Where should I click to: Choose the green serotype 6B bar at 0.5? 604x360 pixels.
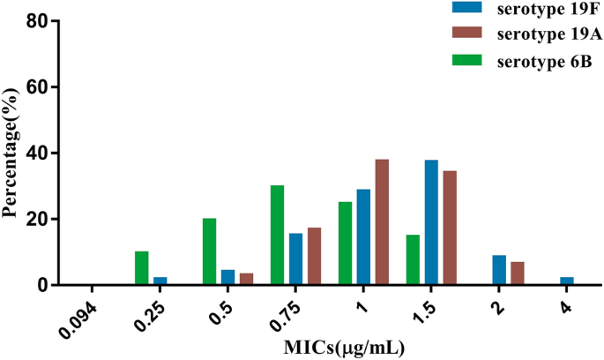click(x=209, y=251)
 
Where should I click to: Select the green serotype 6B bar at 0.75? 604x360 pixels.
click(x=277, y=235)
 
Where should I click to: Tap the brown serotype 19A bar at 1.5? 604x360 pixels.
click(x=450, y=228)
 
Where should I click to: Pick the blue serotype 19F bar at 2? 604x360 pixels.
click(x=499, y=270)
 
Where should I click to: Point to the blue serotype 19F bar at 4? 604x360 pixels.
click(x=566, y=281)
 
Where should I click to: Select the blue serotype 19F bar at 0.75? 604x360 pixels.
click(x=295, y=259)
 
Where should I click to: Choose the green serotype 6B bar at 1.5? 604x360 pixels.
click(x=413, y=259)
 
